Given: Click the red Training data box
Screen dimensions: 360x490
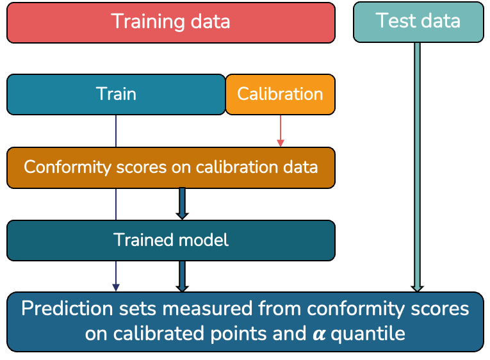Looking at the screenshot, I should click(170, 22).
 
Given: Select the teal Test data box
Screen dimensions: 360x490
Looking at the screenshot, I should click(418, 22).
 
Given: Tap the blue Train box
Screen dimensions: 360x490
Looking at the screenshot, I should click(116, 94).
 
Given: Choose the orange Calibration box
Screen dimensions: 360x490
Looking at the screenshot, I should click(280, 94).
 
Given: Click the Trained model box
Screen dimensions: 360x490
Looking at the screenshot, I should click(170, 240).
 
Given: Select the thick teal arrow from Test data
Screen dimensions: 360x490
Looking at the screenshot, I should click(418, 167).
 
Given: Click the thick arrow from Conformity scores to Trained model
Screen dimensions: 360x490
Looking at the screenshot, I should click(182, 204).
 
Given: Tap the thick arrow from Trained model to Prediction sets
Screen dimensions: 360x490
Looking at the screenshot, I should click(182, 276).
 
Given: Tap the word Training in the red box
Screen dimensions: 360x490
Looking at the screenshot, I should click(142, 22).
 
